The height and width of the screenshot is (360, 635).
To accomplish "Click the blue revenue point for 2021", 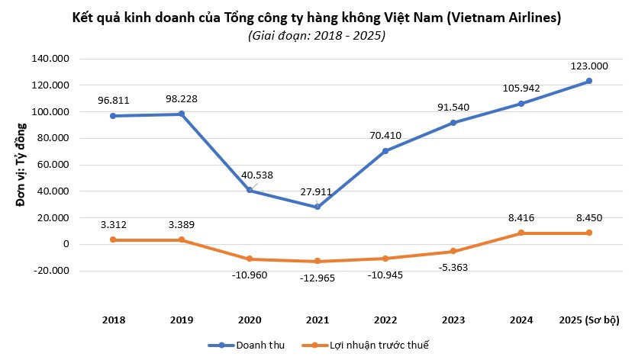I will (316, 207).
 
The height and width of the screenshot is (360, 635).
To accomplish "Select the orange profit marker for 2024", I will (521, 233).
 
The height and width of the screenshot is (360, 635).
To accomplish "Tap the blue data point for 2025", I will (589, 81).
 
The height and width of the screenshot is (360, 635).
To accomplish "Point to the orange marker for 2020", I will (250, 259).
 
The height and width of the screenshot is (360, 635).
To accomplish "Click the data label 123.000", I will (589, 66).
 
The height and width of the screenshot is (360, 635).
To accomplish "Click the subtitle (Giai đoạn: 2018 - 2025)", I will (317, 35).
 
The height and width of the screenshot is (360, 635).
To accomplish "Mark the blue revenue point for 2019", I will (182, 114).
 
